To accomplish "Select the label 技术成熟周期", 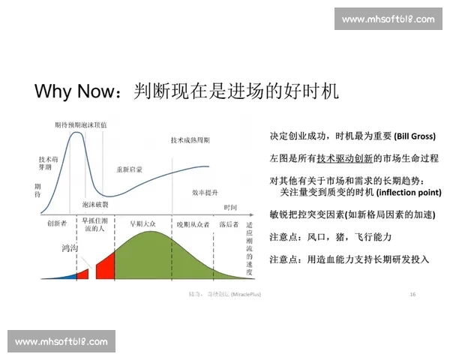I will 190,140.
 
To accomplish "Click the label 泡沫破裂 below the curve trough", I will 95,204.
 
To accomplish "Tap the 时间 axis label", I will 231,207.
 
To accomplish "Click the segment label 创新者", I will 57,223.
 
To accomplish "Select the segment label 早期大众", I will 142,223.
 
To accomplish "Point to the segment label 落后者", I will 228,223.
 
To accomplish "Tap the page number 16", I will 413,294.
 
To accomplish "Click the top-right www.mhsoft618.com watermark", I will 388,19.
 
